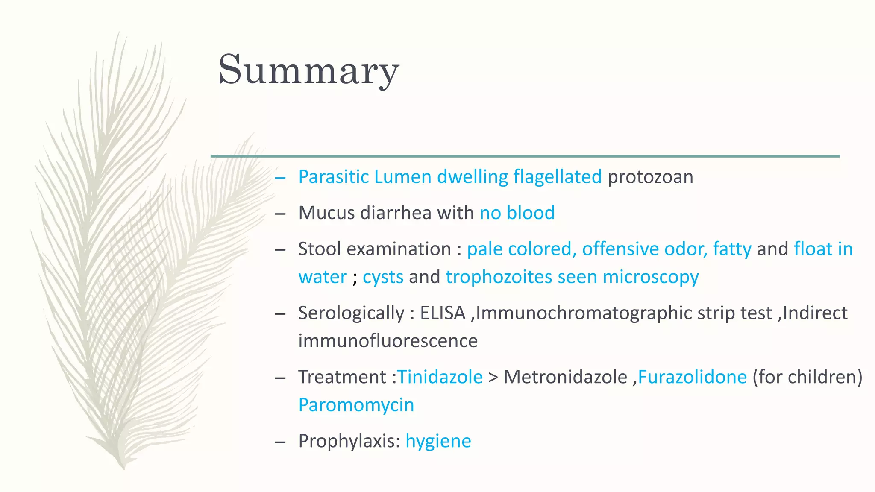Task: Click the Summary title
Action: [x=308, y=70]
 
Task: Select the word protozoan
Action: [x=650, y=177]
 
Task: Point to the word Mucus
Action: [x=326, y=213]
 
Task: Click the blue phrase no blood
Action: [x=517, y=213]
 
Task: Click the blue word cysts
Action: [x=383, y=277]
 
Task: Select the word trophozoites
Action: [x=499, y=277]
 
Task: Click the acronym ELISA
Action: [x=442, y=313]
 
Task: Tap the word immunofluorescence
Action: [x=388, y=341]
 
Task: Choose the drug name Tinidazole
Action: [x=440, y=377]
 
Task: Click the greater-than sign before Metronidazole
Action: [x=493, y=378]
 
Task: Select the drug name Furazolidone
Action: [x=692, y=377]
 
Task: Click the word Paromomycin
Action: [x=356, y=405]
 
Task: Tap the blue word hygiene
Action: [x=438, y=441]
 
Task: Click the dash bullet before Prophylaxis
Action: [x=280, y=442]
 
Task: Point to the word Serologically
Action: [x=351, y=313]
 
